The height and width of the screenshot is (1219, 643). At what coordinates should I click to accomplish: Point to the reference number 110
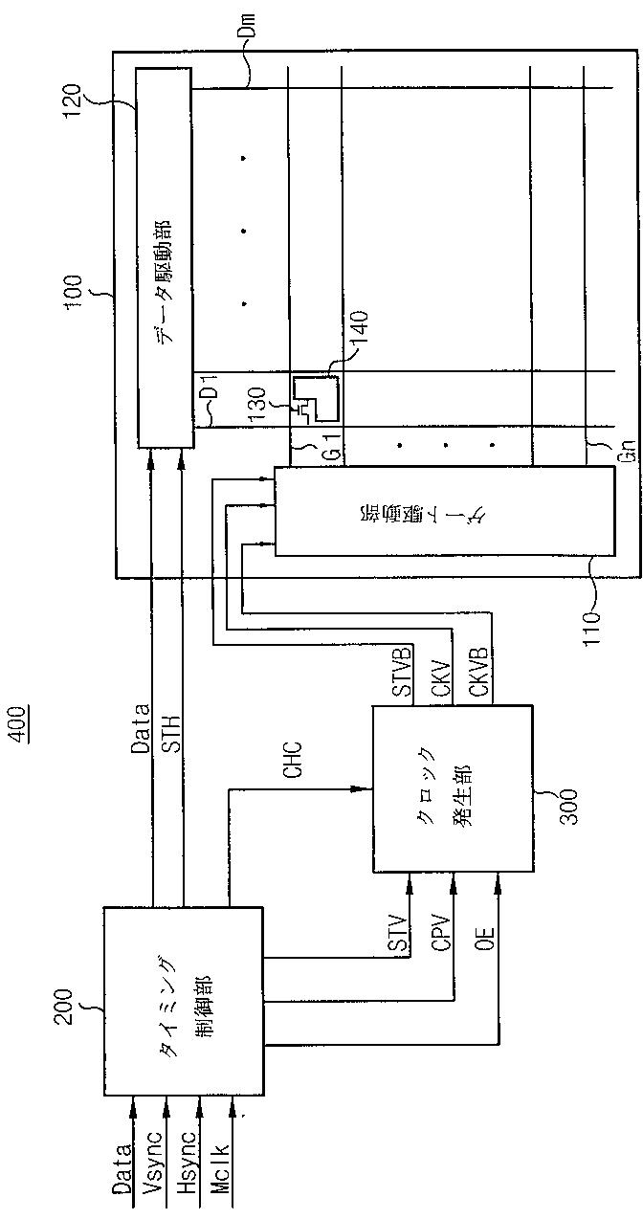pos(609,601)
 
